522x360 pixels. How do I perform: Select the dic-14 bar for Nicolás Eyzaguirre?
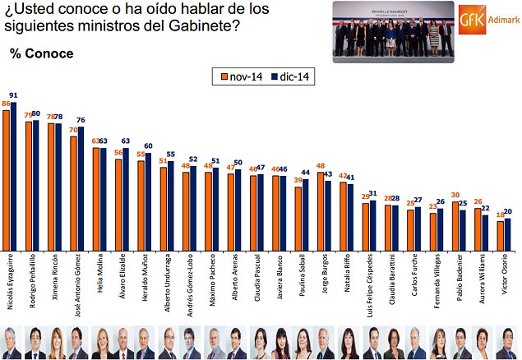[x=14, y=176]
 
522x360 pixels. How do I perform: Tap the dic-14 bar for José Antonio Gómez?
[x=81, y=189]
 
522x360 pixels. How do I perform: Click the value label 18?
[x=500, y=215]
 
